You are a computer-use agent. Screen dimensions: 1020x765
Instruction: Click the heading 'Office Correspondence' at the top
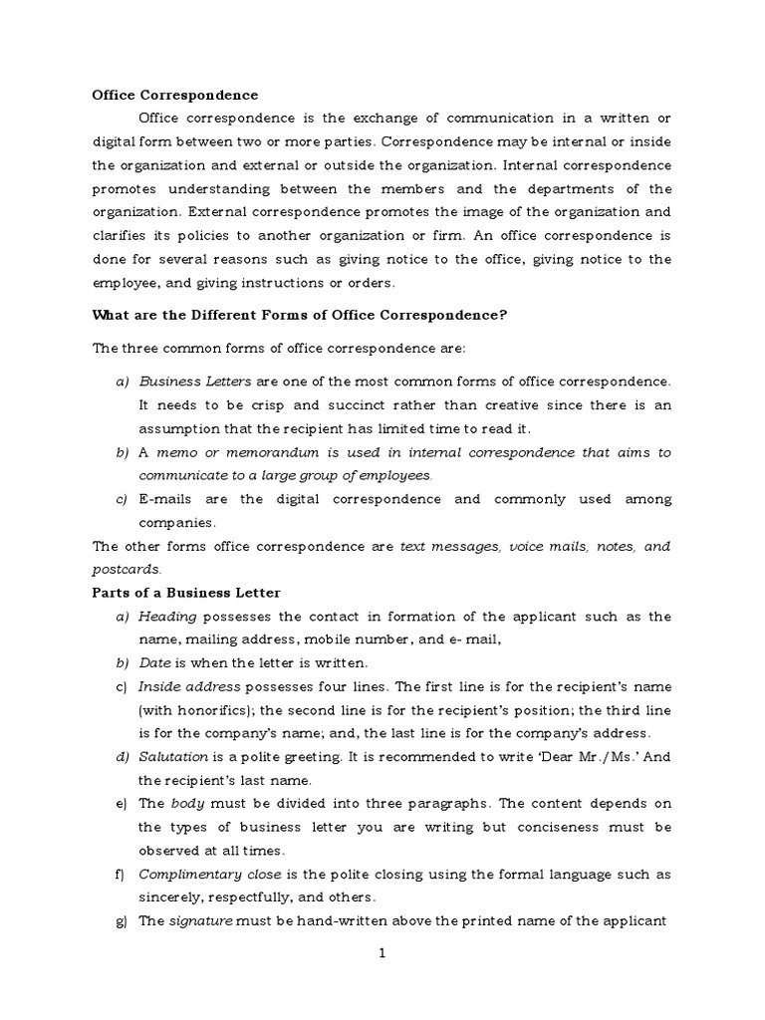tap(174, 95)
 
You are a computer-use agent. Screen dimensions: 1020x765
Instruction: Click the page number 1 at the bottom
tap(382, 953)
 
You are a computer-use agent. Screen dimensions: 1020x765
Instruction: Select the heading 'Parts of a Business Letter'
tap(186, 593)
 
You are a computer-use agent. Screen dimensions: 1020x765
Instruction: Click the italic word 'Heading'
tap(167, 617)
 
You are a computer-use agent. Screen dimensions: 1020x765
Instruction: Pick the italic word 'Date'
tap(154, 663)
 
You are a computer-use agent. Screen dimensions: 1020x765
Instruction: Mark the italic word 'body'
tap(186, 805)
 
